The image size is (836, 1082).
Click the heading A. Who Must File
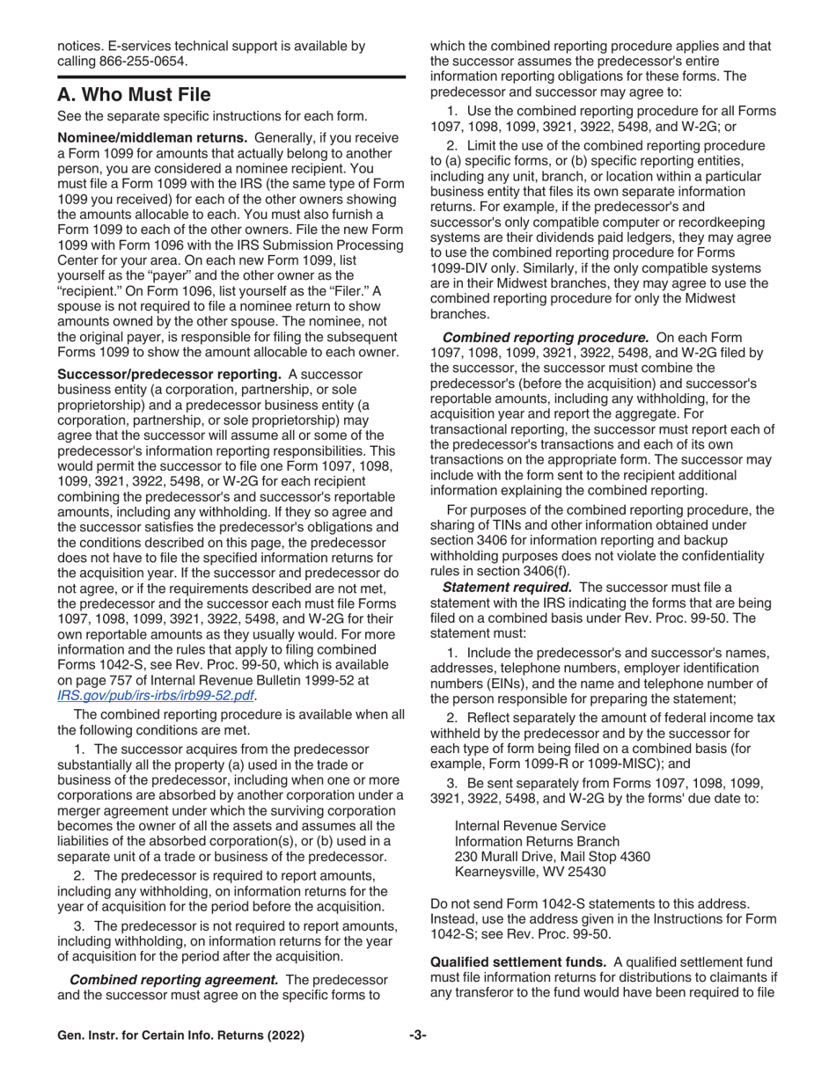point(134,94)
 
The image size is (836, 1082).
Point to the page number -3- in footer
point(417,1060)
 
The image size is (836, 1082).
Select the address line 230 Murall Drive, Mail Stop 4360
point(552,857)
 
